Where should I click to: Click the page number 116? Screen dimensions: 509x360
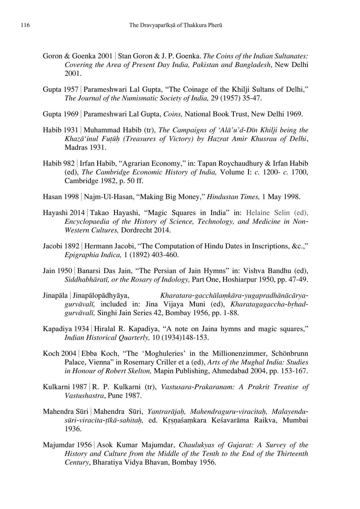click(25, 25)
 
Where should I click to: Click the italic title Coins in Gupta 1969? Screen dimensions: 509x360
click(173, 114)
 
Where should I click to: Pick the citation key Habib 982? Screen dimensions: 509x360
click(59, 163)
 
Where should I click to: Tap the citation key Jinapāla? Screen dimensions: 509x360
click(55, 295)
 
